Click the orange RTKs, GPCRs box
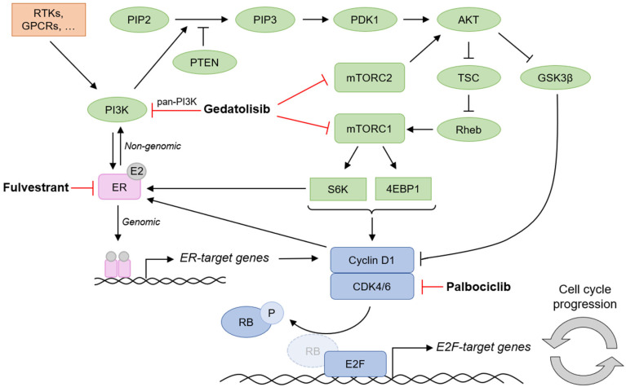(49, 20)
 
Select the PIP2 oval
(140, 20)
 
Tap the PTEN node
(204, 62)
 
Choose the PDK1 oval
(365, 20)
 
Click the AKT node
(468, 20)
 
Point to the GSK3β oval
(555, 77)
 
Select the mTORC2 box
(369, 77)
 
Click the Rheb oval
(468, 130)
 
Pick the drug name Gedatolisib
(237, 109)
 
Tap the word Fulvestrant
(36, 187)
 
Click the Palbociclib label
(478, 287)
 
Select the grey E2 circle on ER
(136, 171)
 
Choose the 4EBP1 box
(403, 189)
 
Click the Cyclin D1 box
(372, 260)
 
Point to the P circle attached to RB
(272, 313)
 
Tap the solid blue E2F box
(355, 364)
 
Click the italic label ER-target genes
(224, 258)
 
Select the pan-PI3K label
(177, 102)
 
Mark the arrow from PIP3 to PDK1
(315, 20)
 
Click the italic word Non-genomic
(153, 147)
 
